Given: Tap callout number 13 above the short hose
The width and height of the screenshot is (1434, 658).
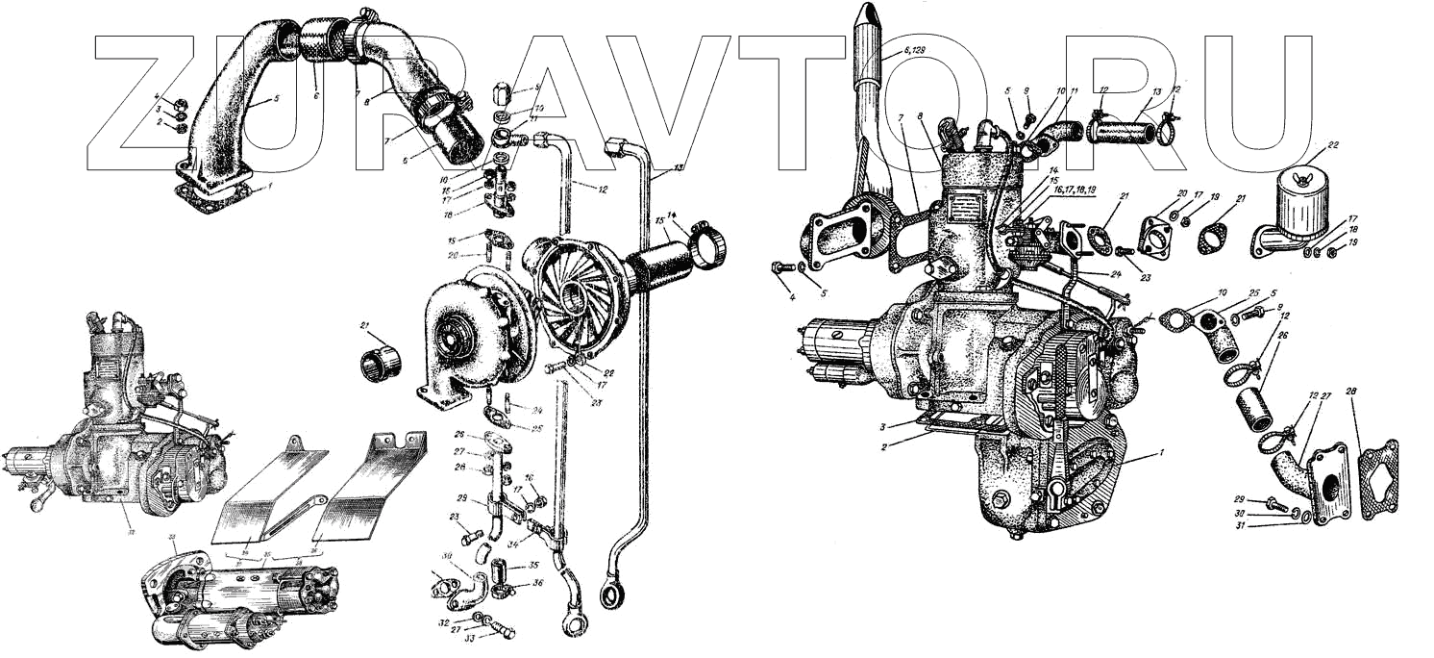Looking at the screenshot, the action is coord(1156,91).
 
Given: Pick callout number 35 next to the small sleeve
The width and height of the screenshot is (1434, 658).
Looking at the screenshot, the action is coord(532,565).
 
